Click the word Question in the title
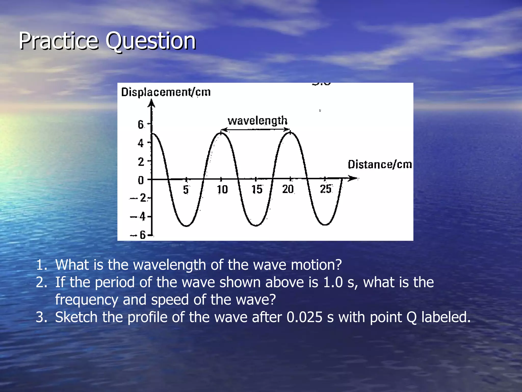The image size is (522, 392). click(x=150, y=41)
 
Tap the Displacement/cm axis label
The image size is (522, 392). click(x=166, y=92)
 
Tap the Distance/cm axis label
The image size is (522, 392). click(x=380, y=165)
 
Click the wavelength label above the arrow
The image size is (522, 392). click(x=257, y=120)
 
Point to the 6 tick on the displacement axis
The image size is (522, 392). click(x=141, y=125)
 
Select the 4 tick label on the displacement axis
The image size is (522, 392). click(x=141, y=143)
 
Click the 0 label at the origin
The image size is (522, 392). click(x=141, y=180)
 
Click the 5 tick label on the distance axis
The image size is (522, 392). click(x=186, y=190)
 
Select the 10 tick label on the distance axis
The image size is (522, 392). click(x=222, y=190)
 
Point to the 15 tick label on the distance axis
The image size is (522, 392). click(x=257, y=190)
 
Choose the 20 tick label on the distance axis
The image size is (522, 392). click(x=288, y=189)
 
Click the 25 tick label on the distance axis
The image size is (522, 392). click(x=326, y=189)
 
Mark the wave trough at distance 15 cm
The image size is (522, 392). click(x=256, y=225)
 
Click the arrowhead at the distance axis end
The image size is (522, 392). click(x=354, y=178)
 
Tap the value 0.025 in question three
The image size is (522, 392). click(x=304, y=317)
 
